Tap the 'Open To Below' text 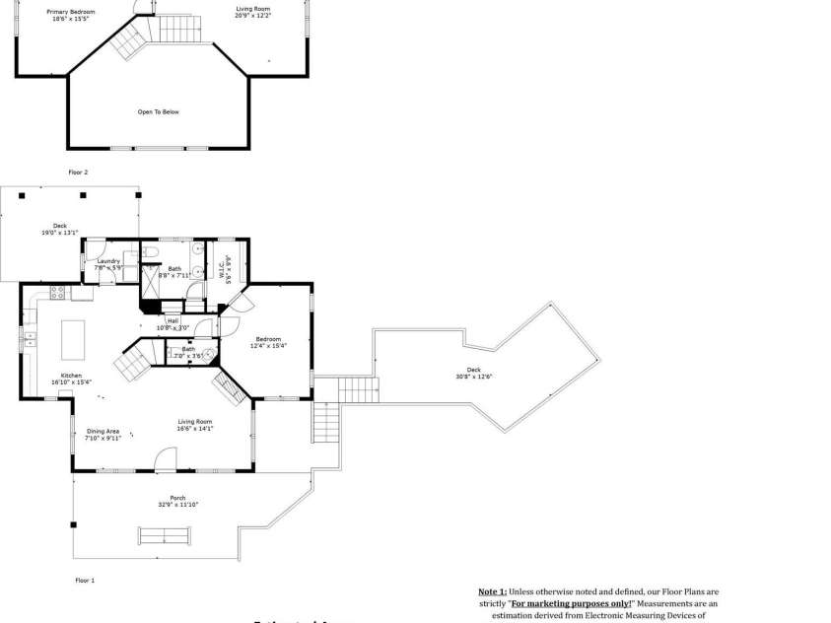[x=158, y=112]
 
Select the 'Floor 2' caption [x=78, y=173]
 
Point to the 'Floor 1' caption [x=85, y=581]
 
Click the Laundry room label [x=108, y=262]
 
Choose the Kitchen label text [x=71, y=376]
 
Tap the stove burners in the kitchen [x=57, y=292]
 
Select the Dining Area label [x=103, y=431]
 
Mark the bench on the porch [x=165, y=536]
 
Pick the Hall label [x=173, y=320]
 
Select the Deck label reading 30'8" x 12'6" [x=474, y=374]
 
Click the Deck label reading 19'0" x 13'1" [x=60, y=229]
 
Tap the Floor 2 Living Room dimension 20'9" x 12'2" [x=252, y=16]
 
